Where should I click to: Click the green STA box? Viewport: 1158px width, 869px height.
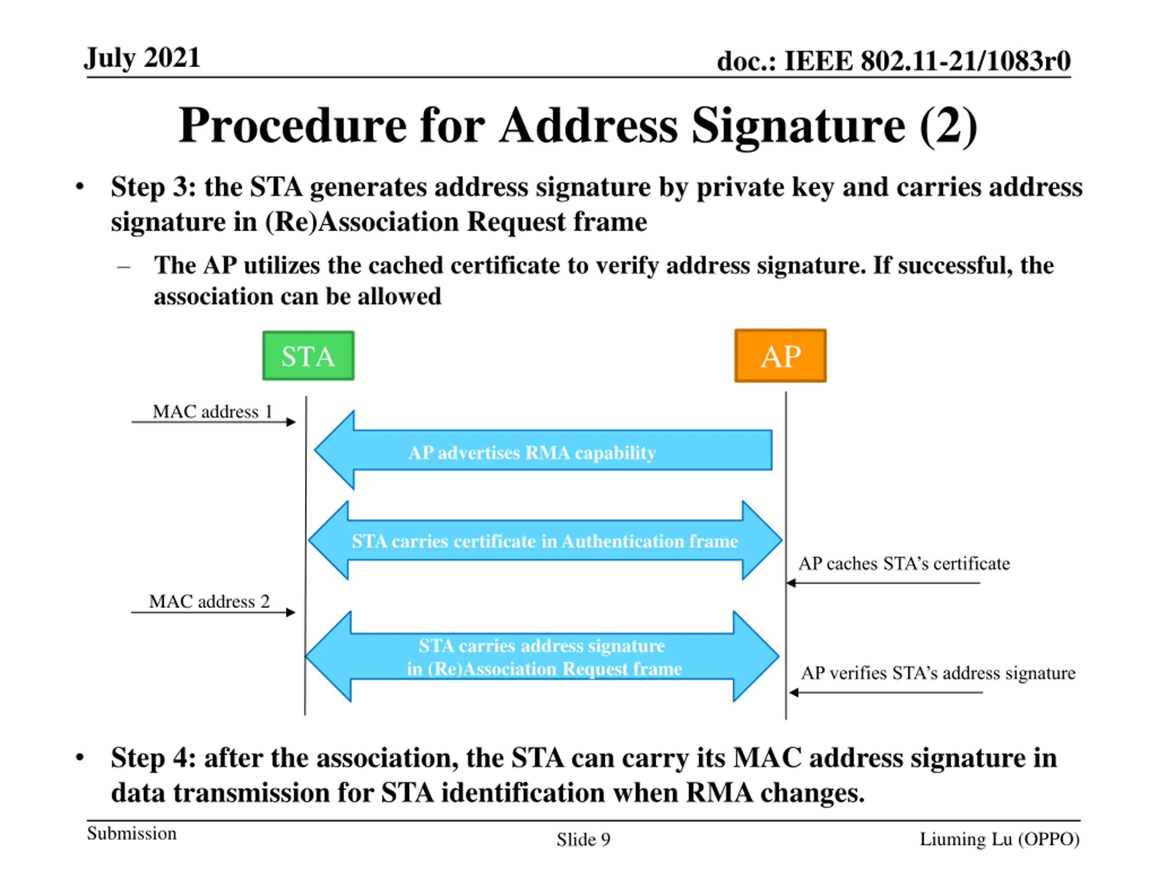click(x=308, y=356)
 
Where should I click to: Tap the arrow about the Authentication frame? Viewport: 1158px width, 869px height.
click(x=545, y=540)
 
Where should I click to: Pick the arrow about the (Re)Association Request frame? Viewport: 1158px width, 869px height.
click(x=542, y=656)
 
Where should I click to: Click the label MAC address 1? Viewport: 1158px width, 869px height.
click(x=213, y=412)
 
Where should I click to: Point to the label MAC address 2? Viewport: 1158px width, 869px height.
click(x=209, y=602)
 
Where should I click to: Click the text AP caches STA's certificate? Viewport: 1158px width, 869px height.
click(x=904, y=563)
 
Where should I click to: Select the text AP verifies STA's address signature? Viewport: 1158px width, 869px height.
click(x=938, y=673)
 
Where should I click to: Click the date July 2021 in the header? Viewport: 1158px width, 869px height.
click(x=142, y=57)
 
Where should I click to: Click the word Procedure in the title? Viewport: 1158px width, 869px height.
click(x=292, y=126)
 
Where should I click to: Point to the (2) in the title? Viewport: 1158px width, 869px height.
click(x=948, y=126)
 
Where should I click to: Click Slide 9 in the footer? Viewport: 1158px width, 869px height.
click(x=583, y=840)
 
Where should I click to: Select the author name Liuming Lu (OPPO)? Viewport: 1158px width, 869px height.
click(x=999, y=839)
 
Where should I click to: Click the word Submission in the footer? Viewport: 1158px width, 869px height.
click(x=131, y=833)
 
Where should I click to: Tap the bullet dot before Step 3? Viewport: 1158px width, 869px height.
click(x=80, y=187)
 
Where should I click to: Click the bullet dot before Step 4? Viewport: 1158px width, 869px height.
click(x=80, y=757)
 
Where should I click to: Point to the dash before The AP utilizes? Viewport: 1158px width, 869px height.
click(x=123, y=267)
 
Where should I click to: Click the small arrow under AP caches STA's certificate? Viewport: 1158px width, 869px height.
click(x=883, y=583)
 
